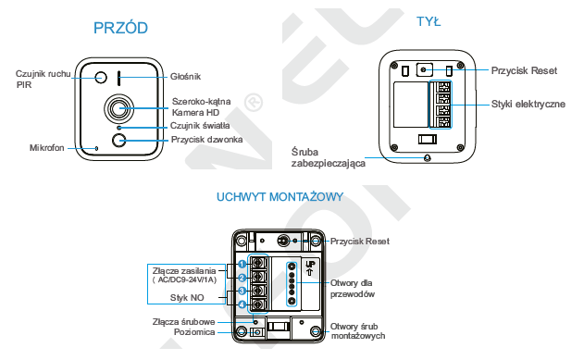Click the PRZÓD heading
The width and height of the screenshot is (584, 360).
tap(120, 28)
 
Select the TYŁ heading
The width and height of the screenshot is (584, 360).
tap(429, 21)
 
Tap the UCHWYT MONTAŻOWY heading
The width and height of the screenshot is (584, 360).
tap(280, 196)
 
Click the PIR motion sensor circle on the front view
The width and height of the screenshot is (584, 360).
tap(101, 78)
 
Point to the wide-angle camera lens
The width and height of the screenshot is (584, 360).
tap(118, 108)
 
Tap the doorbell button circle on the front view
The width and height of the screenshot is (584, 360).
tap(118, 141)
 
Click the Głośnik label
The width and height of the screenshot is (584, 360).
tap(185, 77)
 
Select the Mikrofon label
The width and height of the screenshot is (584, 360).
tap(47, 148)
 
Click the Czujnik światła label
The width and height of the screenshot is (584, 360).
tap(200, 126)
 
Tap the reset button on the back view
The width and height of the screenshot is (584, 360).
tap(424, 69)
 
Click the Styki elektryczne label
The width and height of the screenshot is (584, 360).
tap(528, 105)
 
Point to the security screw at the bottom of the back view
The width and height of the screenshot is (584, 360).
tap(428, 158)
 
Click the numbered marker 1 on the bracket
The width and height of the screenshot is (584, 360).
tap(242, 264)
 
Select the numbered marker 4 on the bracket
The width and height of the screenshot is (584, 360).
tap(242, 304)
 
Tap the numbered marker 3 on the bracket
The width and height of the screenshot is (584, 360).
tap(242, 291)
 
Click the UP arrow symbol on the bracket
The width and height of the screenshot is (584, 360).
tap(310, 272)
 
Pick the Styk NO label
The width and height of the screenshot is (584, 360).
tap(187, 298)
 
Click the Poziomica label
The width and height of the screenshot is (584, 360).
tap(194, 332)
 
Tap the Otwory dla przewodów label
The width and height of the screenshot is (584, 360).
tap(353, 289)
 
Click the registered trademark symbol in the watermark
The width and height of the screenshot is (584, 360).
tap(254, 103)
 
